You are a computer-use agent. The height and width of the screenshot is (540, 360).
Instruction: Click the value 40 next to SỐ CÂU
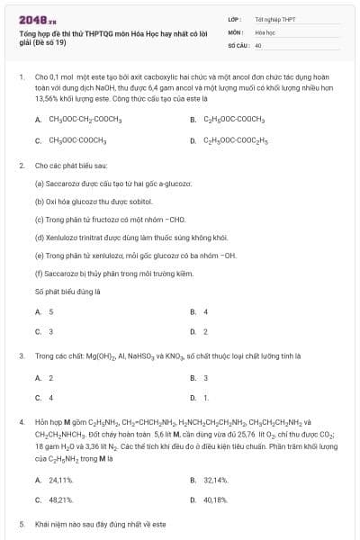pos(258,44)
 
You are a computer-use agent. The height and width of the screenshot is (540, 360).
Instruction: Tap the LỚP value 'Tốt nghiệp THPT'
pos(274,19)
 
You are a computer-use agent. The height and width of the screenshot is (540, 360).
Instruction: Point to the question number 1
pos(21,77)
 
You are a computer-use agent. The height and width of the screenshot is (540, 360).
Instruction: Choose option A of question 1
pos(85,119)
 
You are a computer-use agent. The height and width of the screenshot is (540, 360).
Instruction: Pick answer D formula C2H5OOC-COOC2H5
pos(235,140)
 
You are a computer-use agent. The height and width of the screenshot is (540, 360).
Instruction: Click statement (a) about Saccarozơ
pos(101,183)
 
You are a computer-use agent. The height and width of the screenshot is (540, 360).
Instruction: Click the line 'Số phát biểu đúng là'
pos(67,292)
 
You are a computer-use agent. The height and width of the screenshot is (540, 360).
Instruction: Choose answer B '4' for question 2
pos(205,311)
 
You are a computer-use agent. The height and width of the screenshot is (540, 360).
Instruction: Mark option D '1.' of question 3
pos(206,397)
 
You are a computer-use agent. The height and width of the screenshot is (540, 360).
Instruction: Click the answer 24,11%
pos(60,480)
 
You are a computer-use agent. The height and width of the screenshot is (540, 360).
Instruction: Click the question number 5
pos(21,523)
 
